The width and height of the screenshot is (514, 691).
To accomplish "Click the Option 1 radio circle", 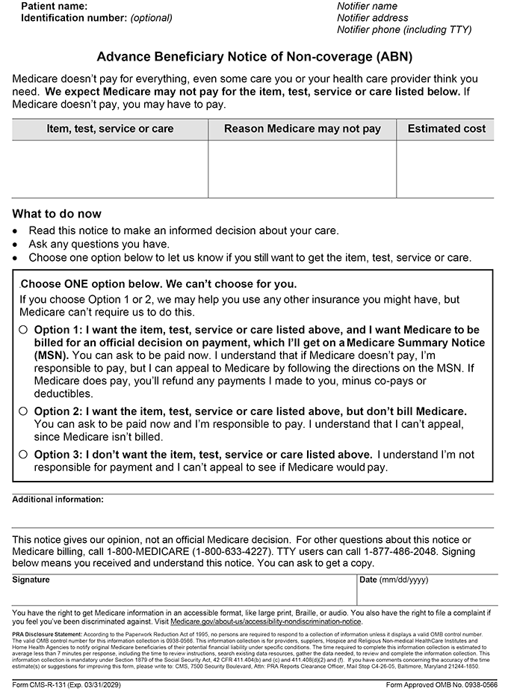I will click(23, 330).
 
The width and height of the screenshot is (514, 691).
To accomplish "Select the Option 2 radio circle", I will click(23, 411).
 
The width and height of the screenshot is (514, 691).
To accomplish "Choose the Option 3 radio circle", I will click(23, 454).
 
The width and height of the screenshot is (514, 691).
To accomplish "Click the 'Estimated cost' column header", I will click(446, 129).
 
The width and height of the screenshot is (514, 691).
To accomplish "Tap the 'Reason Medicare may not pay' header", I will click(303, 129).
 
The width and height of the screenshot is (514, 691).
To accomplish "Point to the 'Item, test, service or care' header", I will click(110, 129).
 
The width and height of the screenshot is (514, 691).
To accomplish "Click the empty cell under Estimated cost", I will click(446, 168).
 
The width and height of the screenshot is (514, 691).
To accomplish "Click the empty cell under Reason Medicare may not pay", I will click(303, 168).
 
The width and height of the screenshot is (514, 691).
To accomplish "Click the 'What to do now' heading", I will click(57, 214).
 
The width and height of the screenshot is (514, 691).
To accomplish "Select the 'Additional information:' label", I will click(58, 500).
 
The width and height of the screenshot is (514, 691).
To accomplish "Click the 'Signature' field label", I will click(31, 580).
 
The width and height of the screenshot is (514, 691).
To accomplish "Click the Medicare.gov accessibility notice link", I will click(266, 621).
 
